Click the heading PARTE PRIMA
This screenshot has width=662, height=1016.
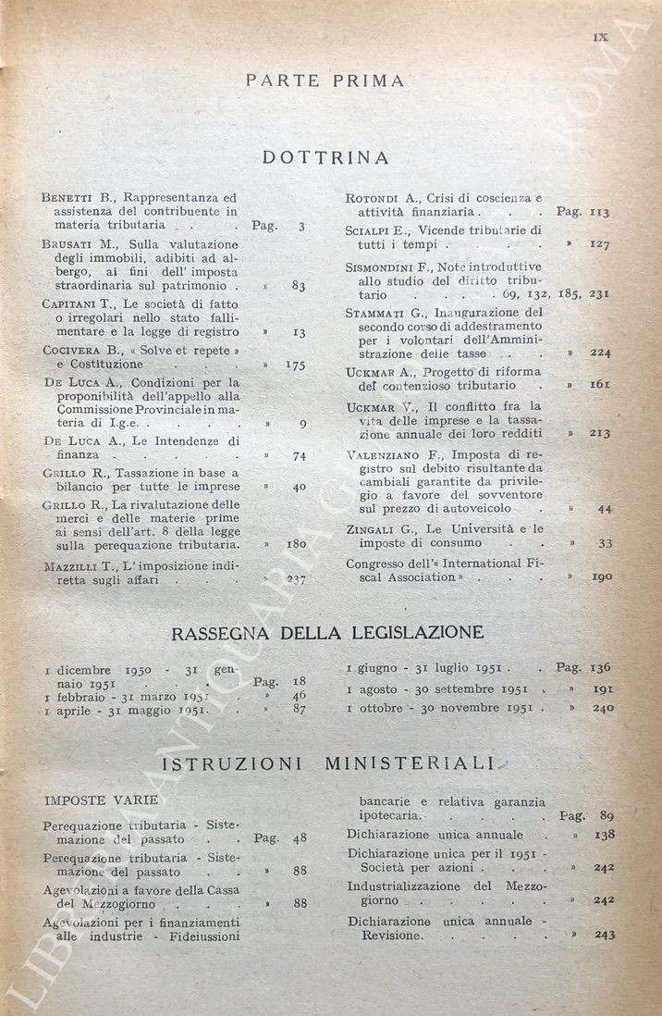tap(325, 81)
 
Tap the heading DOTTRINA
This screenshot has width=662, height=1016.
tap(325, 157)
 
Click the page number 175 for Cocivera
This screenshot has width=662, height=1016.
tap(296, 366)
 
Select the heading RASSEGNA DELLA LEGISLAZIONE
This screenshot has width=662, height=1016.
tap(327, 633)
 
